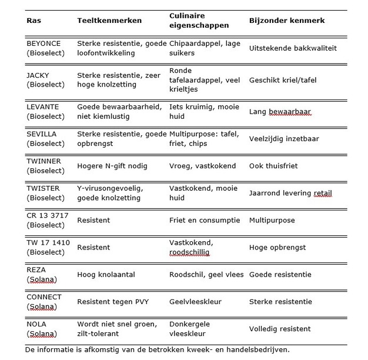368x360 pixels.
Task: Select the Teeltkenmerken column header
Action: pos(110,21)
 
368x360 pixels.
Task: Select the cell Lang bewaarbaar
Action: pos(280,111)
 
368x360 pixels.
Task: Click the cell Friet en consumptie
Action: pos(204,221)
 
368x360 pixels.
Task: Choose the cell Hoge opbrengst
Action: pos(277,248)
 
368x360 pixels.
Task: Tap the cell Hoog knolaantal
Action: pos(103,275)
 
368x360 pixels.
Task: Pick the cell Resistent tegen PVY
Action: pos(113,302)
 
